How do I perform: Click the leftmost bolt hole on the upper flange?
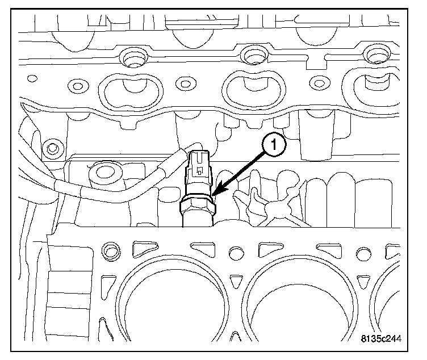tap(133, 58)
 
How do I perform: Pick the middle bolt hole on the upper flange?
tap(252, 56)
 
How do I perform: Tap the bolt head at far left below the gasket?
tap(53, 149)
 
